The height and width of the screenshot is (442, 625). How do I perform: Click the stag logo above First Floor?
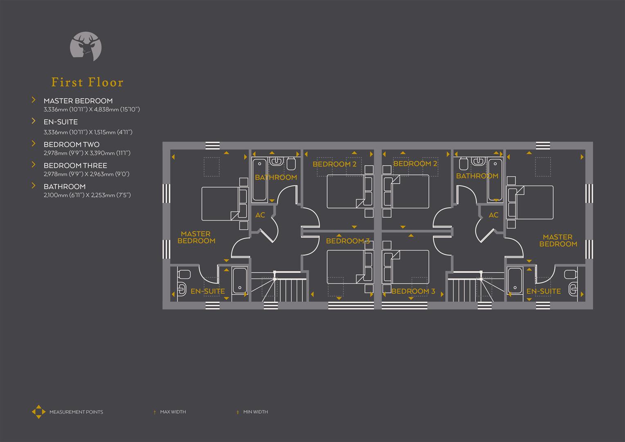point(86,46)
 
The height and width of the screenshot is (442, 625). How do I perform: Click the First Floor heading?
point(87,82)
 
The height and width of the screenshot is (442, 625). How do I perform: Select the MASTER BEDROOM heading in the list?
point(78,101)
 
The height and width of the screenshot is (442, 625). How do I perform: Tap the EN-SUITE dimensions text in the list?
point(88,132)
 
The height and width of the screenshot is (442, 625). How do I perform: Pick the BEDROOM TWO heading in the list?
point(72,144)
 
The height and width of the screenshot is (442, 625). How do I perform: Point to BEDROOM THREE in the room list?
point(75,165)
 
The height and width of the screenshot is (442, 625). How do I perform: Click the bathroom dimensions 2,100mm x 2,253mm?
point(87,195)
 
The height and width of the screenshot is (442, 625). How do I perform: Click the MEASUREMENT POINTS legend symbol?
point(39,412)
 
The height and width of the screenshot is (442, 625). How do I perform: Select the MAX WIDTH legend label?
point(173,412)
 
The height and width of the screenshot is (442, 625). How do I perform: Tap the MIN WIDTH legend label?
point(256,412)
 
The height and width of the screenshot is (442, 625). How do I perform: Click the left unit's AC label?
point(260,215)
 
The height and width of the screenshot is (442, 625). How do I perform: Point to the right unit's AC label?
point(494,215)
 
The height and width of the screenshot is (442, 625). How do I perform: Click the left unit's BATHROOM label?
point(276,177)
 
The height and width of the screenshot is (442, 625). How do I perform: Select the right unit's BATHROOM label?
point(477,176)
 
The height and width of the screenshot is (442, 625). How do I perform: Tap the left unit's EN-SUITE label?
point(208,291)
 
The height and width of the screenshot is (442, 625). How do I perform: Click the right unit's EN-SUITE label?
point(544,291)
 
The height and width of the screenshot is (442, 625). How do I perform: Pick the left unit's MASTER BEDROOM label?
point(196,237)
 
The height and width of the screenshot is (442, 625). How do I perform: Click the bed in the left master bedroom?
point(220,204)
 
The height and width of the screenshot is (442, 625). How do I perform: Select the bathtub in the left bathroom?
point(260,180)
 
